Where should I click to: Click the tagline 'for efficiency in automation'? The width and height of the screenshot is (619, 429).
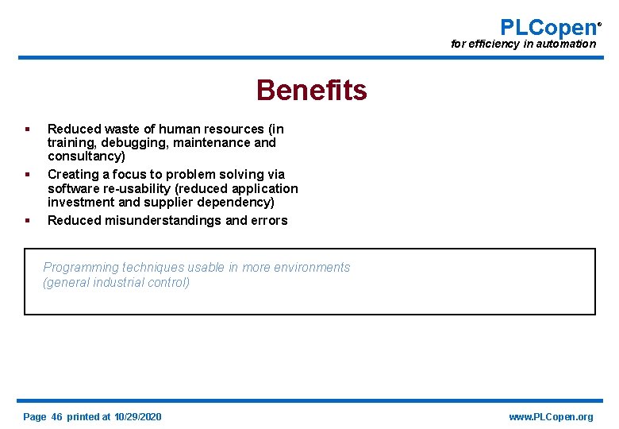pyautogui.click(x=523, y=44)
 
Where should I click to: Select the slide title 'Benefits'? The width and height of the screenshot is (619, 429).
pyautogui.click(x=311, y=91)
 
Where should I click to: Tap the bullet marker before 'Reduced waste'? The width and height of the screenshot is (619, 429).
pyautogui.click(x=27, y=129)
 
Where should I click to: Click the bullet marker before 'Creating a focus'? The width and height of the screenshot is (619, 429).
pyautogui.click(x=27, y=174)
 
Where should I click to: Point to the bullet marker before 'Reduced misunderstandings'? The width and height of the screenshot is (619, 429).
pyautogui.click(x=27, y=220)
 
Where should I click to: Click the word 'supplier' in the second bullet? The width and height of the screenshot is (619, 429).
pyautogui.click(x=168, y=203)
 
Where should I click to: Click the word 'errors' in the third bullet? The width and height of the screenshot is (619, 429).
pyautogui.click(x=268, y=221)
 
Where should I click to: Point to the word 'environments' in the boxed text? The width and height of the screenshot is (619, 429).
pyautogui.click(x=313, y=268)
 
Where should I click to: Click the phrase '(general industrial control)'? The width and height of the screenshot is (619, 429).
pyautogui.click(x=117, y=283)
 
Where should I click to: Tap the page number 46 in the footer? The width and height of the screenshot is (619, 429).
pyautogui.click(x=56, y=417)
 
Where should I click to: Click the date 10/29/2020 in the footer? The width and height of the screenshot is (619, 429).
pyautogui.click(x=137, y=417)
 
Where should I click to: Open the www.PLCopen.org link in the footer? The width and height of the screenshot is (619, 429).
pyautogui.click(x=551, y=417)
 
